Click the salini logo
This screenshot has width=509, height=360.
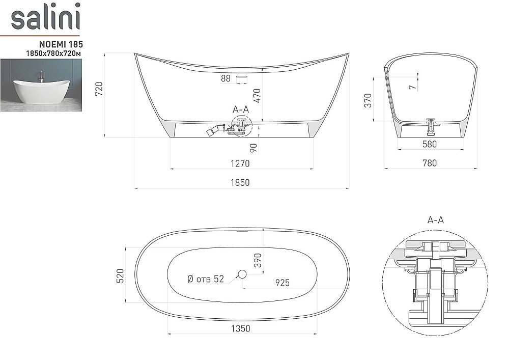pyautogui.click(x=45, y=18)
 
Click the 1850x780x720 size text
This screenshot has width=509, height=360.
pyautogui.click(x=55, y=53)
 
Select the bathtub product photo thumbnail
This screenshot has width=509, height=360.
pyautogui.click(x=41, y=85)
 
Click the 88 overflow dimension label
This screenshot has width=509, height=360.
pyautogui.click(x=226, y=78)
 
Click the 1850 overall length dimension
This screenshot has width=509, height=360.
pyautogui.click(x=240, y=182)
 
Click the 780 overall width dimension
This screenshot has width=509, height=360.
pyautogui.click(x=430, y=163)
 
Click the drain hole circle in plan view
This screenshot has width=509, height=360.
pyautogui.click(x=242, y=275)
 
